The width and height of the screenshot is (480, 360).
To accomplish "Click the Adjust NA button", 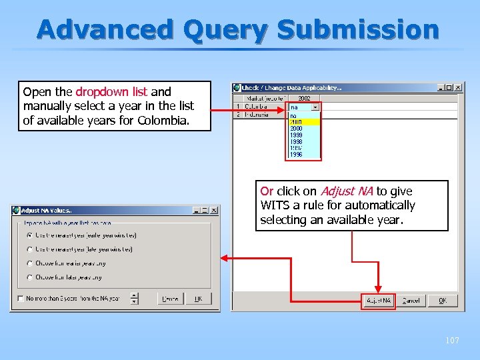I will click(x=379, y=301).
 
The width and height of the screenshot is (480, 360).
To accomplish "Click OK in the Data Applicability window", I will click(x=443, y=301).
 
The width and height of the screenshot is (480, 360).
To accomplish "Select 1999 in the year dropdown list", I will click(x=296, y=135).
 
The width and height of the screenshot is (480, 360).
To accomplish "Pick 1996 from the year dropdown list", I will click(x=296, y=154).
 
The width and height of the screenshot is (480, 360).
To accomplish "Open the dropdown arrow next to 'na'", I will click(x=315, y=107).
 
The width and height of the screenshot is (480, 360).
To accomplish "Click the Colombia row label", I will click(x=256, y=106).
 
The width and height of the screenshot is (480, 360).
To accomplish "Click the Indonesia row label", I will click(x=257, y=114).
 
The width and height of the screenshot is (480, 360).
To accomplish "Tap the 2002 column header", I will click(x=303, y=98).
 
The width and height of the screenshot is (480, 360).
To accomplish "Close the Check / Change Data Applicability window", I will click(x=458, y=87).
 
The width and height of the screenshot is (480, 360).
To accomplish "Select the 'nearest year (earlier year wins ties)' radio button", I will click(x=30, y=235).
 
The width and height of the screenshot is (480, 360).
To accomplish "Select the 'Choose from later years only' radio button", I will click(x=30, y=277).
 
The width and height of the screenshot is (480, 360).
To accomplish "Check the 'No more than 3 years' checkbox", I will click(x=21, y=299).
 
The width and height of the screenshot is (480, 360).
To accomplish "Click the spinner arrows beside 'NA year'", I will click(x=135, y=299).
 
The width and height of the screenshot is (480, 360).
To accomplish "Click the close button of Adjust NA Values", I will click(x=214, y=210).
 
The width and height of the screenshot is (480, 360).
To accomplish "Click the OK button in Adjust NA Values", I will click(x=198, y=299).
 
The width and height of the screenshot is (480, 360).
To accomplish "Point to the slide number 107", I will click(x=452, y=341).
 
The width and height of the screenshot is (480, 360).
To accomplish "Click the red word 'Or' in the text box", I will click(x=267, y=191).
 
